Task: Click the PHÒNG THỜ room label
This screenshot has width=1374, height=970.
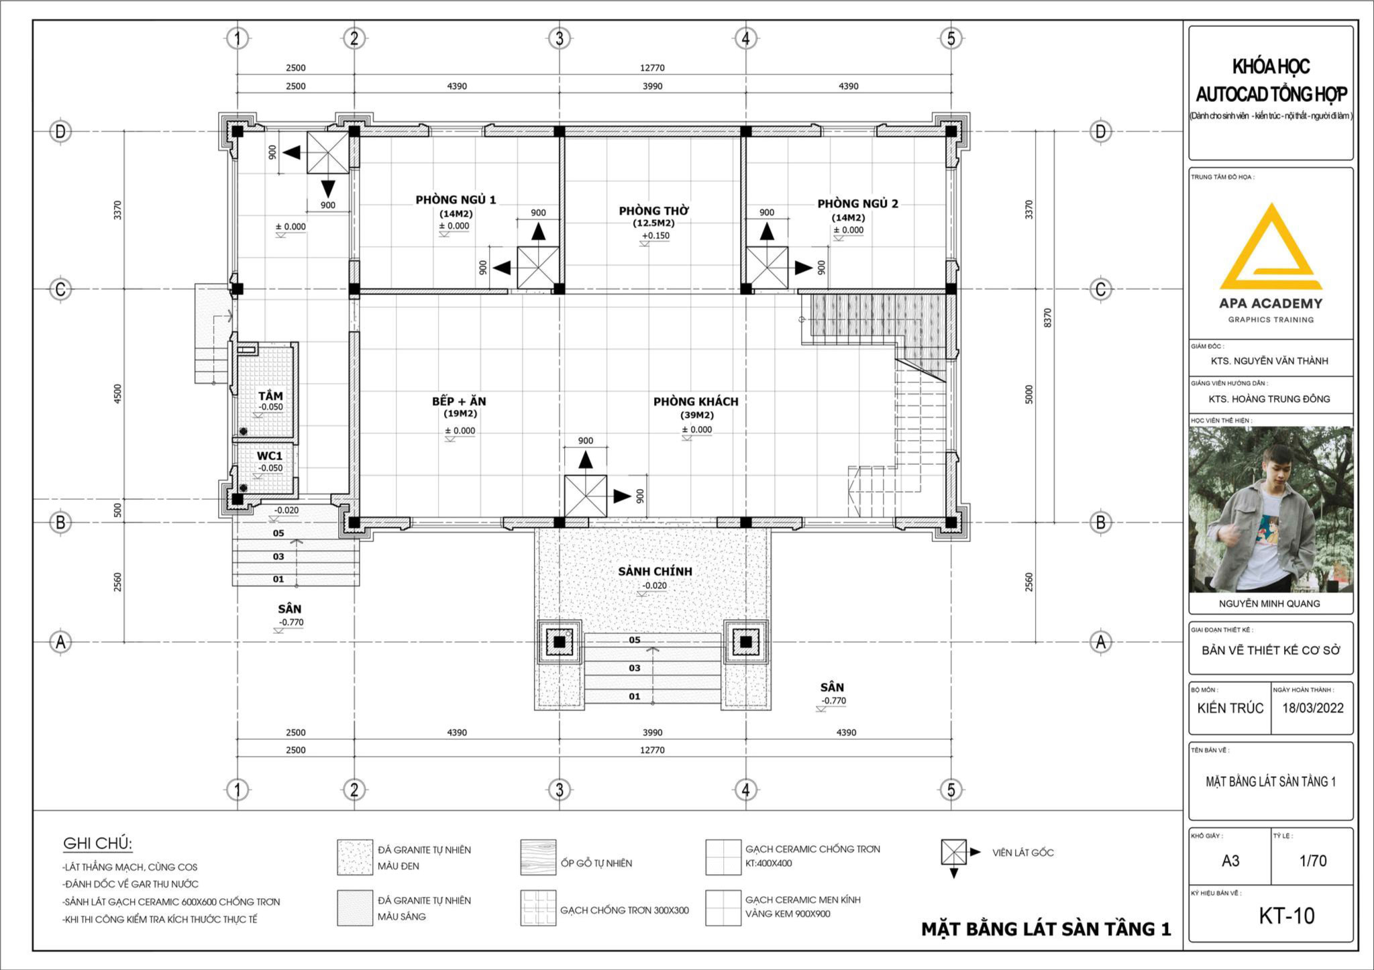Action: (653, 211)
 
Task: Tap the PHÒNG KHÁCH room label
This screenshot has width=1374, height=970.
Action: (696, 401)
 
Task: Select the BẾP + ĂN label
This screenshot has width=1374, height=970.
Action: (459, 401)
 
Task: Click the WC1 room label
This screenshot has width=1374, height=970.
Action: (270, 456)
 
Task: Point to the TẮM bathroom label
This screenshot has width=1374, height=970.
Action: (271, 396)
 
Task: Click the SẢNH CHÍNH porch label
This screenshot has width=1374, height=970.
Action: (655, 572)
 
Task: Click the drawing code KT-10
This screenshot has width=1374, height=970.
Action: (1286, 916)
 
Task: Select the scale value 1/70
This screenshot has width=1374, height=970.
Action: (1313, 861)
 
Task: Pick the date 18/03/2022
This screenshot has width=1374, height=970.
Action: (1313, 708)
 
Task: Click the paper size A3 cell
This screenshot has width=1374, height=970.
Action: (1230, 861)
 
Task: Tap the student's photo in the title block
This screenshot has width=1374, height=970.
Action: (1271, 510)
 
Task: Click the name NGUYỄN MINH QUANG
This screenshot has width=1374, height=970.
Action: (1269, 603)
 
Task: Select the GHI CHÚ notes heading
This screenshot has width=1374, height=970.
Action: (98, 843)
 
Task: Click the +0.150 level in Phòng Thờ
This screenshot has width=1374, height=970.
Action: (655, 235)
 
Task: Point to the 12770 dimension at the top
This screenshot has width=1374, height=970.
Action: (652, 68)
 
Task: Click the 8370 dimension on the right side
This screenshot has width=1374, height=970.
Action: (1047, 318)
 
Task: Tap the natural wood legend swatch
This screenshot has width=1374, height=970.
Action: (538, 857)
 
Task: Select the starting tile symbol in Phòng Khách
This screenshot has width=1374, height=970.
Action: (586, 496)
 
